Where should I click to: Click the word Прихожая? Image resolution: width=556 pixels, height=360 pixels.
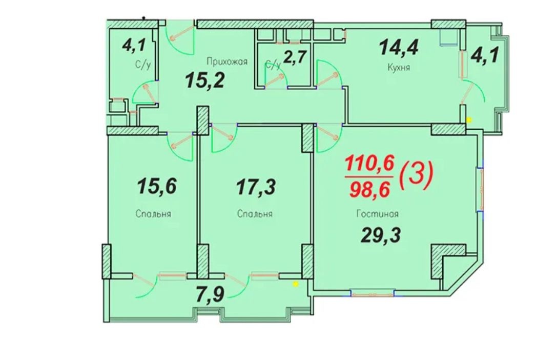[226, 62]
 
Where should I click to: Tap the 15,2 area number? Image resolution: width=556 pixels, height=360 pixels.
[205, 81]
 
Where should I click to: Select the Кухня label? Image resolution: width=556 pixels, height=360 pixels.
[399, 67]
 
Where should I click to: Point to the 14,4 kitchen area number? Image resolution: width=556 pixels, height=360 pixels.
[399, 48]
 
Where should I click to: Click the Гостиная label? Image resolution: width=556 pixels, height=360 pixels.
[378, 214]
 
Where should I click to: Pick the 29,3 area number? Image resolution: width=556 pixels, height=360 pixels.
[380, 235]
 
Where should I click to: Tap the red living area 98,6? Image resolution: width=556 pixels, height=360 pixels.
[370, 190]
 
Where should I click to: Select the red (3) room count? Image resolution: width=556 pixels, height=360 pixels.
[416, 174]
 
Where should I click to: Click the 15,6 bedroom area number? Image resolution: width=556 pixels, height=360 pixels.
[157, 186]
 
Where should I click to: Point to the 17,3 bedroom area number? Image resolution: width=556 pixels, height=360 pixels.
[256, 187]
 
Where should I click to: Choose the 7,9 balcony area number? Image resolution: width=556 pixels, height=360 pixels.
[210, 295]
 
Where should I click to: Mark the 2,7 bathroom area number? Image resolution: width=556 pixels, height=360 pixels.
[294, 56]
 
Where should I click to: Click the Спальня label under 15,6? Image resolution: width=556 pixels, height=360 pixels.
[153, 214]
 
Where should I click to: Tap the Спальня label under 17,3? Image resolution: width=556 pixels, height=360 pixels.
[255, 214]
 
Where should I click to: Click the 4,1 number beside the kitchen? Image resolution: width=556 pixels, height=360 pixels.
[485, 55]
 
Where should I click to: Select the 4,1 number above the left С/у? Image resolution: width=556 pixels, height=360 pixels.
[134, 46]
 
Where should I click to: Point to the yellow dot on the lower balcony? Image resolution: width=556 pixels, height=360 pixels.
[295, 284]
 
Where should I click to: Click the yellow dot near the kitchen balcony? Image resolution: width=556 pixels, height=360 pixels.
[469, 120]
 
